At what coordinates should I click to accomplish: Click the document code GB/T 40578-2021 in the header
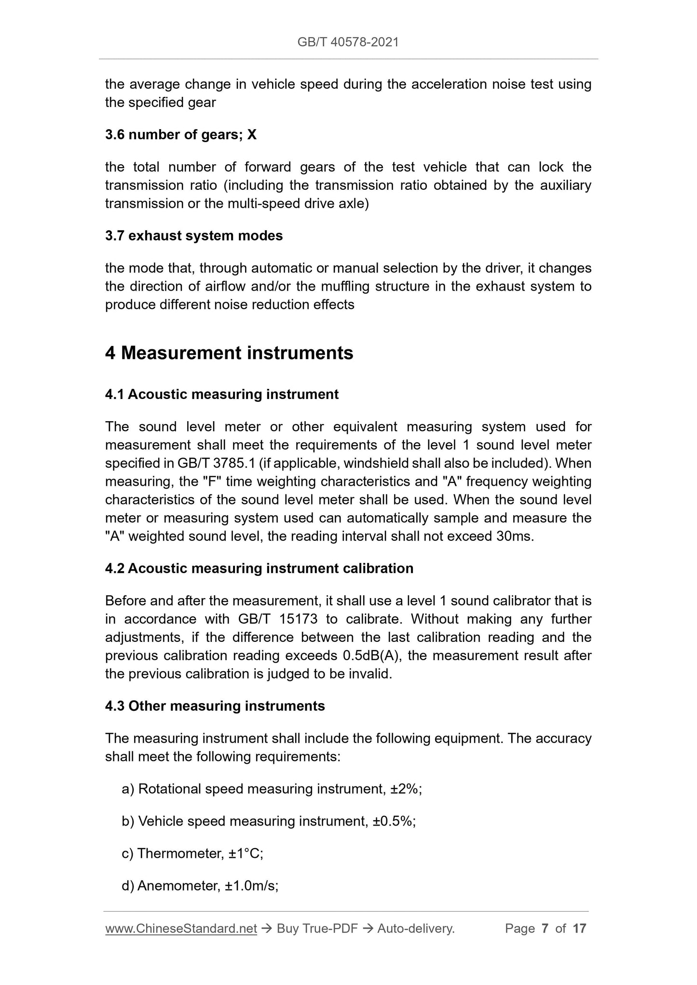pos(348,42)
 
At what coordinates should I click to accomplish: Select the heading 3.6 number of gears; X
pos(181,134)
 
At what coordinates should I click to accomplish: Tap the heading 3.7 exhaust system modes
pos(194,236)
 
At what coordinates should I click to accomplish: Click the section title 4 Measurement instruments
pos(229,353)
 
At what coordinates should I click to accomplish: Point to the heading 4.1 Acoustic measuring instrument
pos(222,394)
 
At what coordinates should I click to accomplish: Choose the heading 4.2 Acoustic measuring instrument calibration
pos(259,568)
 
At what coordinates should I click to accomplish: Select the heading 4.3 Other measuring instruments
pos(215,706)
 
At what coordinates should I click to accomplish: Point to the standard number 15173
pos(298,619)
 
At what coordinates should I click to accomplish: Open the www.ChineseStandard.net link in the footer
pos(181,929)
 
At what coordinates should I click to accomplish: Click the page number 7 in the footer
pos(545,929)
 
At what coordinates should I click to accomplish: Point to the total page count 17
pos(579,929)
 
